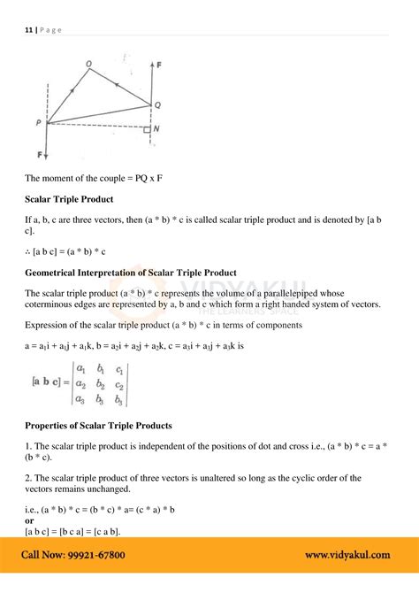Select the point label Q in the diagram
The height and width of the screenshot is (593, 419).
157,104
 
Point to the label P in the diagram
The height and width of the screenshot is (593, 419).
39,123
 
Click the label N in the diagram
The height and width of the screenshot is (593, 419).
157,128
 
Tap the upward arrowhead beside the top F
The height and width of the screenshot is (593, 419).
150,67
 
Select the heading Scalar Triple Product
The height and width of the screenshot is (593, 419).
67,198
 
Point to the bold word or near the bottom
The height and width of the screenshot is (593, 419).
29,520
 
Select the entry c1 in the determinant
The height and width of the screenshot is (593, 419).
119,370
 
